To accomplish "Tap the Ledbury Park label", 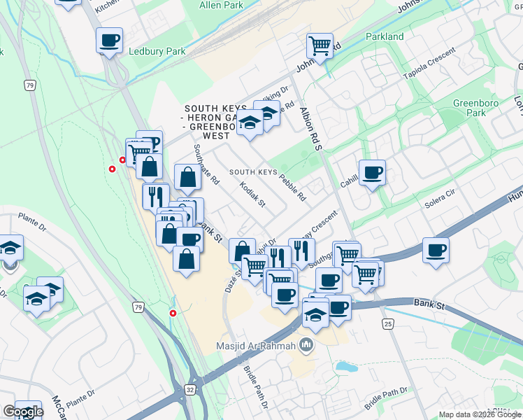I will click(157, 51).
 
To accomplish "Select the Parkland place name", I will click(385, 36).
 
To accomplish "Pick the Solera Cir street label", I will click(440, 203).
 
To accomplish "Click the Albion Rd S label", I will click(308, 129).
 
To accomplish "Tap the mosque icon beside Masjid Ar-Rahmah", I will click(306, 345).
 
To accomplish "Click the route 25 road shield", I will click(388, 323).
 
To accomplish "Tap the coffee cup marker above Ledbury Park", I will click(109, 41).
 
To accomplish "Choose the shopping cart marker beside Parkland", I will click(319, 46).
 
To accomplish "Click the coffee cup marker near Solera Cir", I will click(436, 251).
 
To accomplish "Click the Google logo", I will click(22, 412).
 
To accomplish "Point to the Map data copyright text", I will click(480, 414).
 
